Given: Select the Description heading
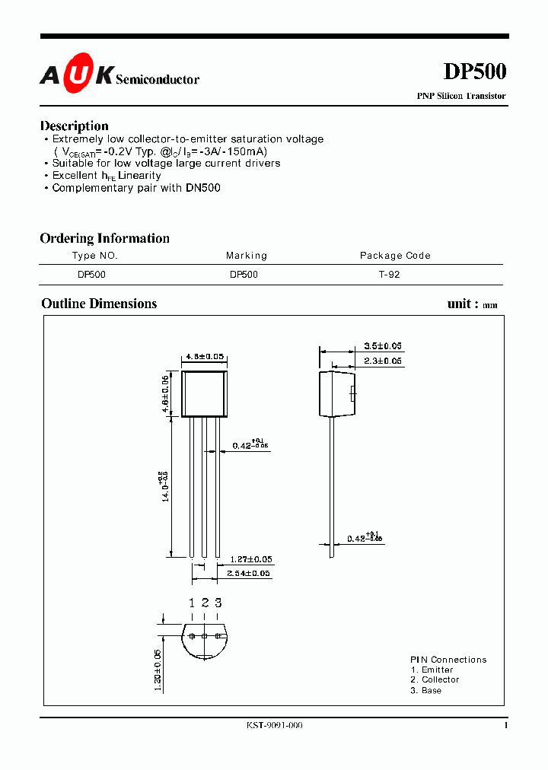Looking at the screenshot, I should [x=74, y=126].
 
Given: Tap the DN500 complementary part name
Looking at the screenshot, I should [x=202, y=188].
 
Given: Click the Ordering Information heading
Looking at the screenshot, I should [x=104, y=238].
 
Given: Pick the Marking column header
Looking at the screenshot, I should [x=247, y=256].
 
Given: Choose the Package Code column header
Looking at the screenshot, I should [x=395, y=256].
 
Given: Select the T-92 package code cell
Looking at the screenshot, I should [x=389, y=275].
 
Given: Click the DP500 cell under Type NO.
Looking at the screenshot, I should [x=91, y=275].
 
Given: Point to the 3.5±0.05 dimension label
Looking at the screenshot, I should [x=383, y=345].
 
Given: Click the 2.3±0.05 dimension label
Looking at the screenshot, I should [x=383, y=361].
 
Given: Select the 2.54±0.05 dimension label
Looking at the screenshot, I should [x=249, y=574].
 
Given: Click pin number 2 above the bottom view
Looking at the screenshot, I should [x=205, y=603].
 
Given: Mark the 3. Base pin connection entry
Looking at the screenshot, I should [x=425, y=690].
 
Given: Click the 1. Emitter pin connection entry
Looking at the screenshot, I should [x=432, y=670].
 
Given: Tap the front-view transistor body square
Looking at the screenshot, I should [x=204, y=393].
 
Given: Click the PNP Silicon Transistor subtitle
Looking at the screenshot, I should [x=460, y=97].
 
